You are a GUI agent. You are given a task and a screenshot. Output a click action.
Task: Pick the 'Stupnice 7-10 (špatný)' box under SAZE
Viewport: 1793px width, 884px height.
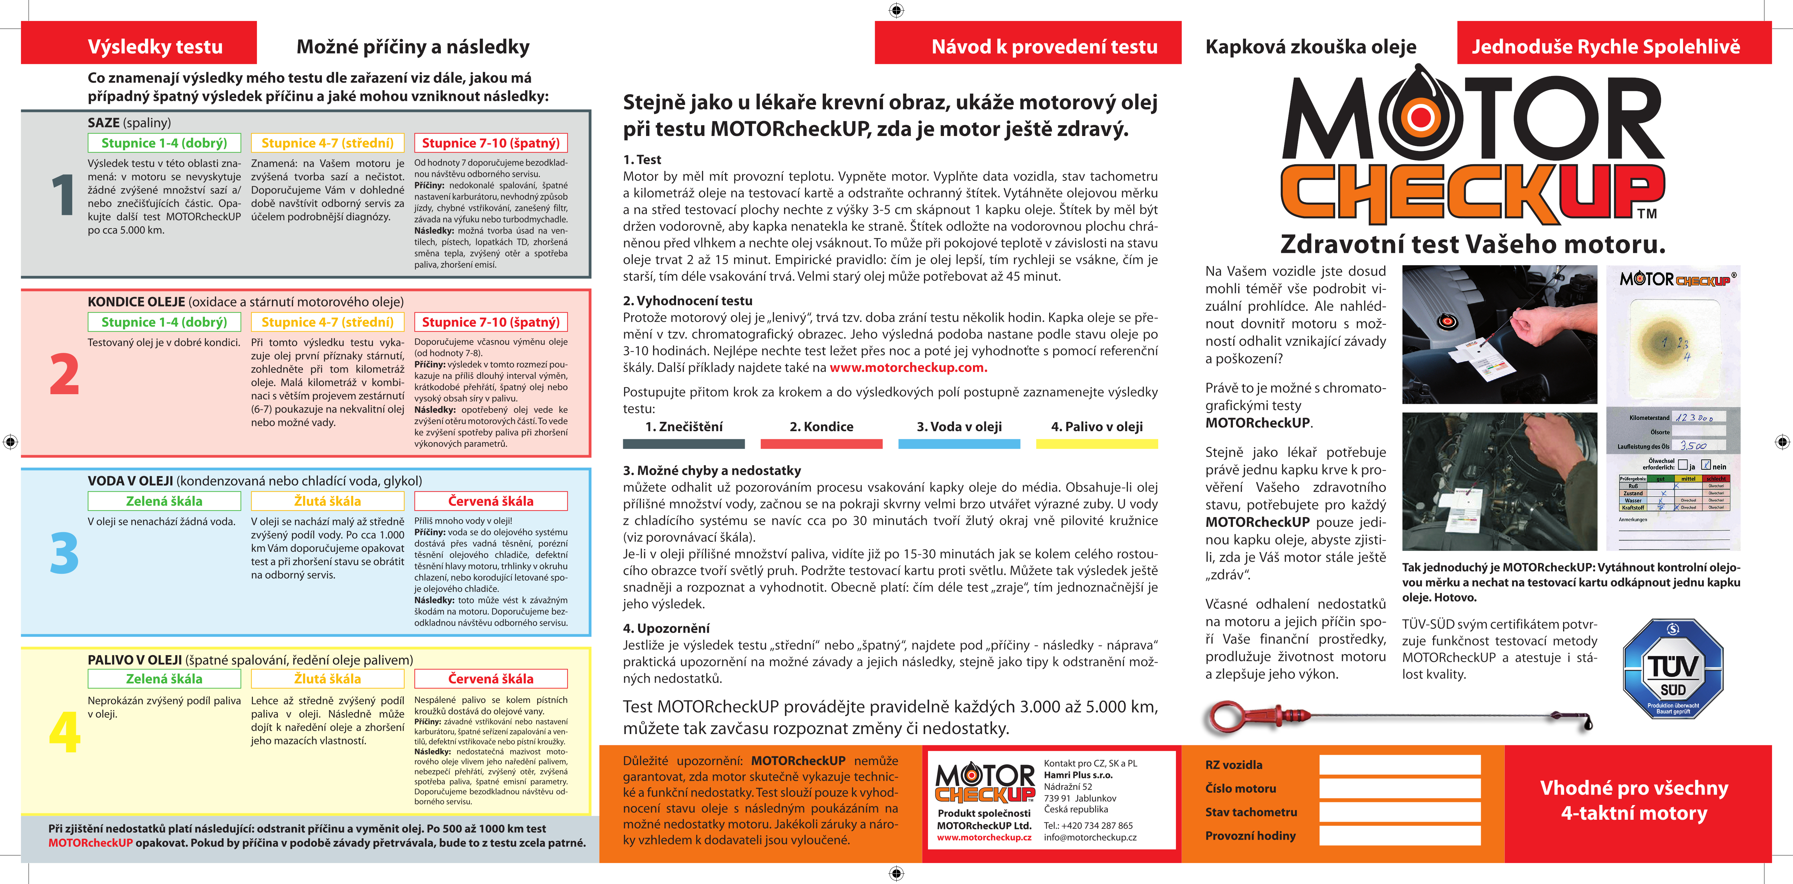[491, 143]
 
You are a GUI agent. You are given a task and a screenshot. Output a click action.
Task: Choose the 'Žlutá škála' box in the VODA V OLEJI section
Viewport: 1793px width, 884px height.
[327, 501]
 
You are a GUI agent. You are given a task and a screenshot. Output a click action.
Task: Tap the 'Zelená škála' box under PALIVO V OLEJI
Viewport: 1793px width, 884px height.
[164, 679]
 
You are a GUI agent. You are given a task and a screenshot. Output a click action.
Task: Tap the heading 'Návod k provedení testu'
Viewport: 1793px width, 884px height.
[1044, 47]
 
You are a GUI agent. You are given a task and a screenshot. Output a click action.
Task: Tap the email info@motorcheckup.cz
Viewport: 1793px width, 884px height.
[1090, 837]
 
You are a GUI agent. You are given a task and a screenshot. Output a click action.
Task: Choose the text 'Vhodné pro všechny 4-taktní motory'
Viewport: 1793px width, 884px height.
[1634, 800]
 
